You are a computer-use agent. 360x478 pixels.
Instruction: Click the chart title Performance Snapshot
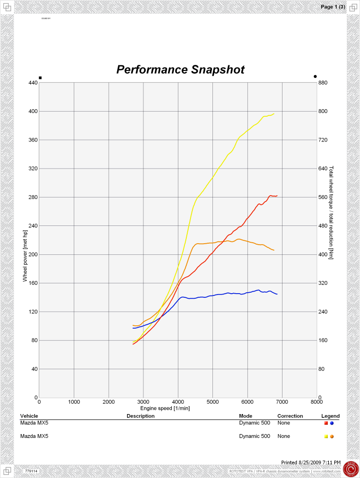(180, 70)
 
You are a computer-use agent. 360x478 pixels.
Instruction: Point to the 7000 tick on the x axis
(282, 401)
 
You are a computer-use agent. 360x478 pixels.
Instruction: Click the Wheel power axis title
(26, 256)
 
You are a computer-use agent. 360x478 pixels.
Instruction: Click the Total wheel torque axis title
(331, 212)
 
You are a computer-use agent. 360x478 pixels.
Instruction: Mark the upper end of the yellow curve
(274, 114)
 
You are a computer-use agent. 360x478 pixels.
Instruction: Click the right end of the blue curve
(277, 294)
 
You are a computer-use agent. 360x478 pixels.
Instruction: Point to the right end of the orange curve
(274, 251)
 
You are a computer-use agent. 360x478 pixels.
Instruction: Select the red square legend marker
(326, 423)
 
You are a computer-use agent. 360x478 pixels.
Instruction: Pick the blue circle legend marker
(332, 423)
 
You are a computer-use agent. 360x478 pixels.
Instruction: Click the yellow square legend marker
(326, 436)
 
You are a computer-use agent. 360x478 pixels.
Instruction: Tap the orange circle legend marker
(332, 436)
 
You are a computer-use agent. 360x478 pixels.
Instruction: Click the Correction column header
(290, 416)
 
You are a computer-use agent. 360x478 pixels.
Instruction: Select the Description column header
(140, 416)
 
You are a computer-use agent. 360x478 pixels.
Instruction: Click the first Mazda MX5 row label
(34, 423)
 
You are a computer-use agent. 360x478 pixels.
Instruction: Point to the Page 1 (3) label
(332, 7)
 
